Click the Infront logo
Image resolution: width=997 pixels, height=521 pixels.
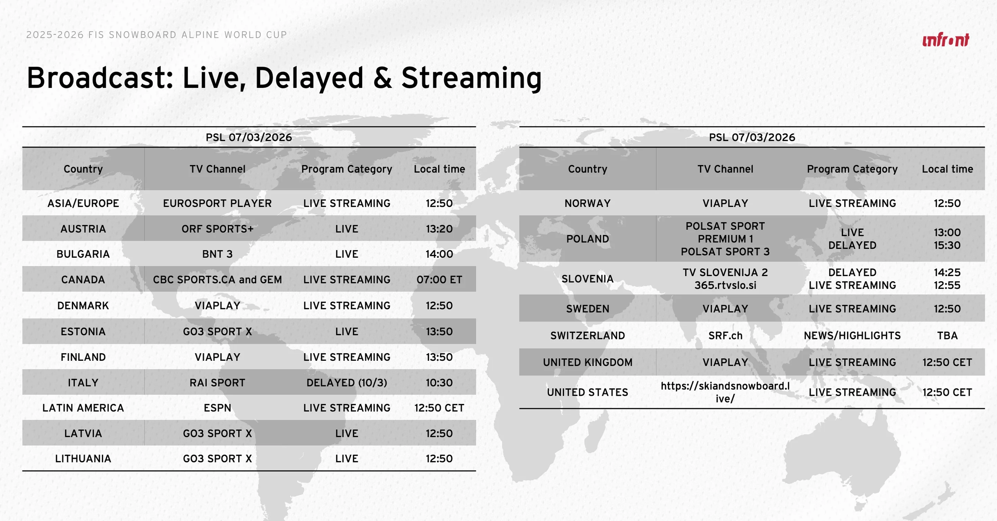[945, 40]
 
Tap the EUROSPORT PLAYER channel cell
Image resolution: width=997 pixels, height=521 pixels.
[217, 203]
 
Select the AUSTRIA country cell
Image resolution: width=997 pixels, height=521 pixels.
[83, 229]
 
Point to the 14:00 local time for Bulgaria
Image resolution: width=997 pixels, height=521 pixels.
[439, 254]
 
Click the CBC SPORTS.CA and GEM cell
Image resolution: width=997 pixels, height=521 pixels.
[217, 279]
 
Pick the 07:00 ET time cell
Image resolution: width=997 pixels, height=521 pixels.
[439, 279]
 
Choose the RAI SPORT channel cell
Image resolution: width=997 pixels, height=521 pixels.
[217, 383]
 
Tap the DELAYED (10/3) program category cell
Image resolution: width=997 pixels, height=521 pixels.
[347, 383]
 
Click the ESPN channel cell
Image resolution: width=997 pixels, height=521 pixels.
[217, 408]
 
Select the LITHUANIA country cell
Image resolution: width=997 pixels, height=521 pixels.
[83, 458]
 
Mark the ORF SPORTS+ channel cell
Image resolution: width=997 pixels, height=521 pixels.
[217, 229]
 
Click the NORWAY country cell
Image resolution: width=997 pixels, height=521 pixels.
[587, 203]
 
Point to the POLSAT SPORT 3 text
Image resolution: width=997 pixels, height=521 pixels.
[725, 252]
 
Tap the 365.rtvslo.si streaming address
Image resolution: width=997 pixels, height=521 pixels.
[725, 285]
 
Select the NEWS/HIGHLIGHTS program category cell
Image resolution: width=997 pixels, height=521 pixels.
[852, 335]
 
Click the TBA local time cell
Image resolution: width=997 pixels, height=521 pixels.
[947, 335]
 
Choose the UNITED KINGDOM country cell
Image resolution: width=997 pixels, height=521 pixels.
[587, 362]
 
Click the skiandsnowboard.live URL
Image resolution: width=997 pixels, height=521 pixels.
[725, 392]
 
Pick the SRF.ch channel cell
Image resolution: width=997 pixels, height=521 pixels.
[725, 335]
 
